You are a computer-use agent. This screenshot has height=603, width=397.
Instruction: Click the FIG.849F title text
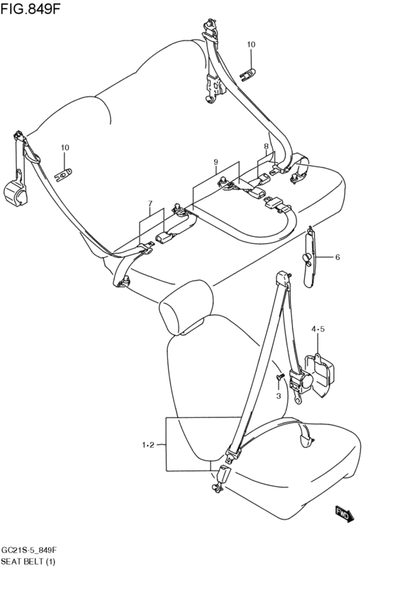30,9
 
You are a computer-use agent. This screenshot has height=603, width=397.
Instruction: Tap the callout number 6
337,257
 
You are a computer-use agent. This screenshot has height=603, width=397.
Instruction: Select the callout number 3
279,395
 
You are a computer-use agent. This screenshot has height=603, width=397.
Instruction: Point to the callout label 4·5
318,329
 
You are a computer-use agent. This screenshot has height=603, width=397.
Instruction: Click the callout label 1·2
148,445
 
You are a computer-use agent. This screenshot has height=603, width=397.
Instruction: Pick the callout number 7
150,203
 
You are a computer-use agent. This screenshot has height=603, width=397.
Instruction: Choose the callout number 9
216,162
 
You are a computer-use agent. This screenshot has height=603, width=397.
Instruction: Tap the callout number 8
266,146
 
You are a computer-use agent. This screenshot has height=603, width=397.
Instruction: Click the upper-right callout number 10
251,45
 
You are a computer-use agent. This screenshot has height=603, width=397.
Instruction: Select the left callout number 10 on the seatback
65,147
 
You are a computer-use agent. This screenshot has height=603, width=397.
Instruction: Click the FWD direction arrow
344,514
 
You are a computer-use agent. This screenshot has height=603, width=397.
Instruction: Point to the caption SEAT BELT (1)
28,562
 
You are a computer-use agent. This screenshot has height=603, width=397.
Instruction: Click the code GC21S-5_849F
29,551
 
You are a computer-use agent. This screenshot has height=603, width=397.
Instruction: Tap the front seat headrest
186,308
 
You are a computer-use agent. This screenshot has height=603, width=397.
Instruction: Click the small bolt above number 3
279,376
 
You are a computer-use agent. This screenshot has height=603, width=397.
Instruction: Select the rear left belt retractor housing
16,193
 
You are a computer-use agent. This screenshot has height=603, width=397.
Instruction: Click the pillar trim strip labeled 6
310,257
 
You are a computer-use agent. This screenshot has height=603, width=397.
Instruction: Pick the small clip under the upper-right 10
247,74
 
